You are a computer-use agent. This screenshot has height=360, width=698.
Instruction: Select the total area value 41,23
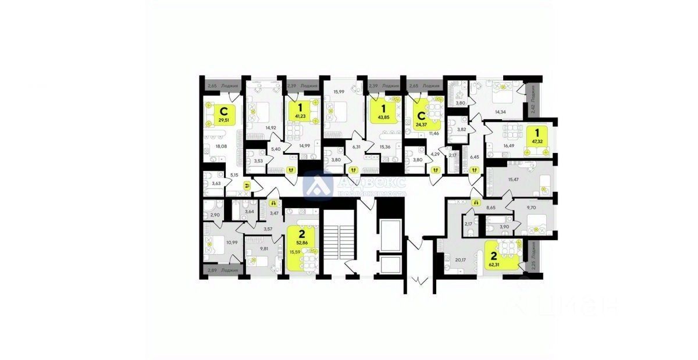[x=300, y=117]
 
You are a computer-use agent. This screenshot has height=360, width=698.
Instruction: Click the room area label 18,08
[x=222, y=147]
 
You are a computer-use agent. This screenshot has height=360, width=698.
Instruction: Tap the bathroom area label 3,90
[x=505, y=226]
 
